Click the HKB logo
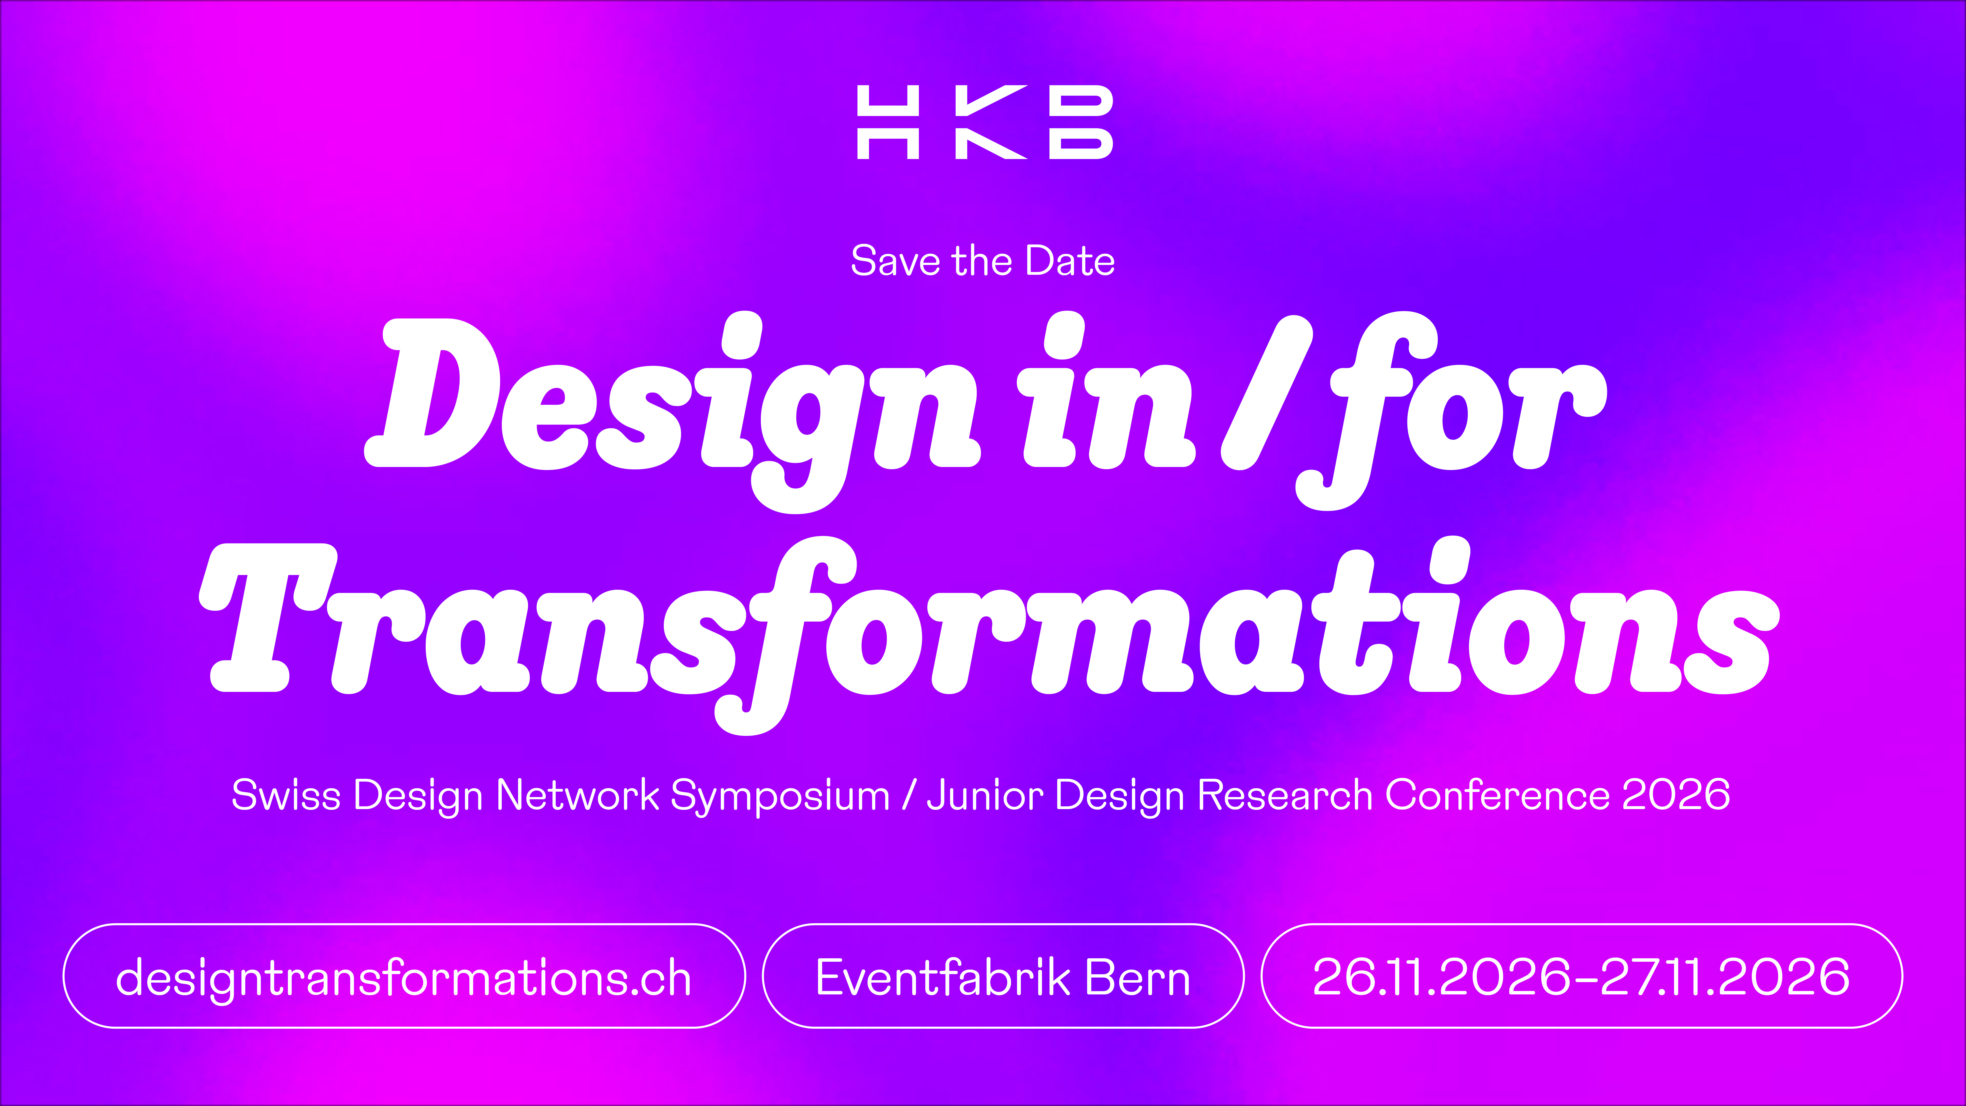[x=984, y=122]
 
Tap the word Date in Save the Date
[x=1070, y=261]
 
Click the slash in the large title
[x=1267, y=393]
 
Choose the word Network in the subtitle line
[x=578, y=795]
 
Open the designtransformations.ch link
[x=403, y=977]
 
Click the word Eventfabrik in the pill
[x=942, y=977]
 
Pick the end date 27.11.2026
[x=1725, y=977]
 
